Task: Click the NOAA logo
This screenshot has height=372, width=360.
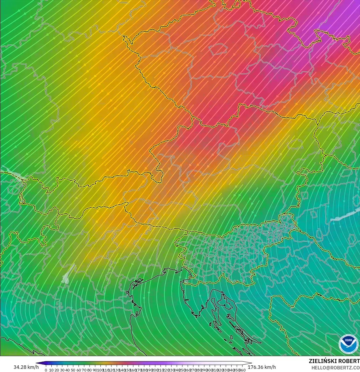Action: tap(348, 344)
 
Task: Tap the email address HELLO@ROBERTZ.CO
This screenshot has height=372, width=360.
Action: tap(335, 368)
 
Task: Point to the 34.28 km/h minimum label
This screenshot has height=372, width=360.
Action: tap(26, 367)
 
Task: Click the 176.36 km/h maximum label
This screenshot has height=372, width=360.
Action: tap(262, 367)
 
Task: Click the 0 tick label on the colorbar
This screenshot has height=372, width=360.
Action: tap(46, 370)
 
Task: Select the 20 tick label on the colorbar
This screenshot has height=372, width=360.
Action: tap(57, 370)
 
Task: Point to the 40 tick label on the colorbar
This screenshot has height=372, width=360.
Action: tap(68, 370)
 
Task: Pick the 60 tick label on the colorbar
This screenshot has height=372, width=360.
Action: tap(79, 370)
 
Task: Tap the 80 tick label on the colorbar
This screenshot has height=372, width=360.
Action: tap(89, 370)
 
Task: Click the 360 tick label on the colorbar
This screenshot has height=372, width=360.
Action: tap(243, 370)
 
